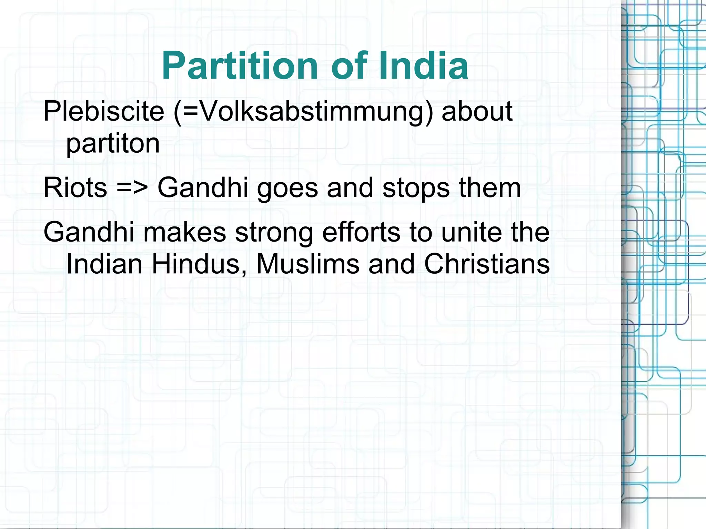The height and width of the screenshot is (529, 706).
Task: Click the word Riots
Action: [75, 188]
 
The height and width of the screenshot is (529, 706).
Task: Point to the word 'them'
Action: [490, 188]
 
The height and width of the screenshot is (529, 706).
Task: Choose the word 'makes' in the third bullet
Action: [184, 232]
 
